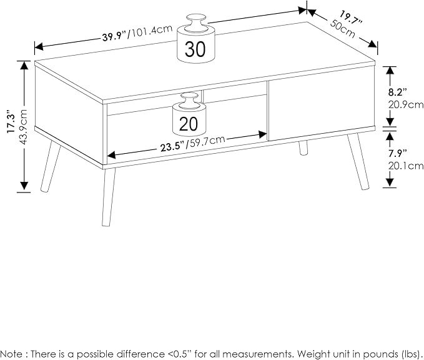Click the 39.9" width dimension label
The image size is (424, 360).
click(x=115, y=36)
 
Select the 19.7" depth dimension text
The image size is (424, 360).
click(x=351, y=18)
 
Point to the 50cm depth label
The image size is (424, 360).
click(x=343, y=28)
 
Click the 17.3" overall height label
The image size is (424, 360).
click(x=12, y=121)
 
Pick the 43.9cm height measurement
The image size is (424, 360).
click(x=23, y=127)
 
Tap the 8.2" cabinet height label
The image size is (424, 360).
click(x=398, y=92)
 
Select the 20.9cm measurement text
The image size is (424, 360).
click(x=406, y=105)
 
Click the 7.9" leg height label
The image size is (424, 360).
click(x=398, y=154)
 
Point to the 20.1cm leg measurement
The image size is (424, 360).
click(x=406, y=166)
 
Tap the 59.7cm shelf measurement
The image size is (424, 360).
click(x=206, y=142)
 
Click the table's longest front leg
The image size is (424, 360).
click(x=109, y=197)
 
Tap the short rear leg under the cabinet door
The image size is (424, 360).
click(x=303, y=147)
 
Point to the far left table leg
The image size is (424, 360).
click(x=51, y=166)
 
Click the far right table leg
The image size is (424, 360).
click(x=358, y=161)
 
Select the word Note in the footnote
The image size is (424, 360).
click(x=13, y=354)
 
